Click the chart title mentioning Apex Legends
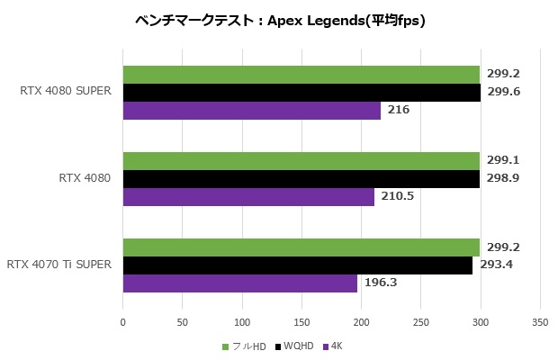point(279,20)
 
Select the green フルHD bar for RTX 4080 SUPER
point(301,74)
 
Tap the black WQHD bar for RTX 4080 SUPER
point(301,93)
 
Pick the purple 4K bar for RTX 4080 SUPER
point(251,111)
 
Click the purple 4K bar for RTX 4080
point(248,196)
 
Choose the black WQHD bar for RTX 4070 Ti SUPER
point(297,265)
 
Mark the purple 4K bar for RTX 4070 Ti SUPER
point(239,283)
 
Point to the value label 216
point(399,110)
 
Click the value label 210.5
point(397,196)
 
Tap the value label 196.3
point(381,283)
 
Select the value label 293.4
point(496,265)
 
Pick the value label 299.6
point(504,92)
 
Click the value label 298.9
point(504,178)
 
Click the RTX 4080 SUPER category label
point(64,92)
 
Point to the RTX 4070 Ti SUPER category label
point(58,265)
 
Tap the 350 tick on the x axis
point(540,321)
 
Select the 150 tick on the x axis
point(301,321)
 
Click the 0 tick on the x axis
point(123,321)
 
